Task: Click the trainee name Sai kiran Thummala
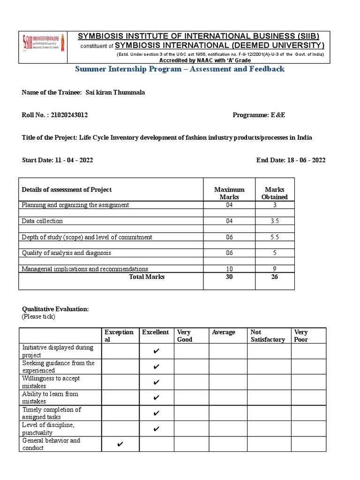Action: [x=115, y=92]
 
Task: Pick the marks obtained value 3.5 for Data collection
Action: [x=274, y=221]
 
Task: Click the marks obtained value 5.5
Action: [x=274, y=237]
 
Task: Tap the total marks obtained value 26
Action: [x=274, y=277]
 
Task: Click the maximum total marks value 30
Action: [x=229, y=277]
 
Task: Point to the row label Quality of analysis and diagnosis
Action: [x=67, y=253]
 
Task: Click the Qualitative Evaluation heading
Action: [x=55, y=309]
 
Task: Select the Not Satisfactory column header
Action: [x=268, y=336]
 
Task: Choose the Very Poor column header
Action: [x=301, y=336]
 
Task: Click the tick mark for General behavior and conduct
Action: [x=120, y=444]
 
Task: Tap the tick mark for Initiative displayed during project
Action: [x=157, y=352]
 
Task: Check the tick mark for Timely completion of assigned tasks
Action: [x=157, y=413]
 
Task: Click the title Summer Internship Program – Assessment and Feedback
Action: [x=180, y=69]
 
